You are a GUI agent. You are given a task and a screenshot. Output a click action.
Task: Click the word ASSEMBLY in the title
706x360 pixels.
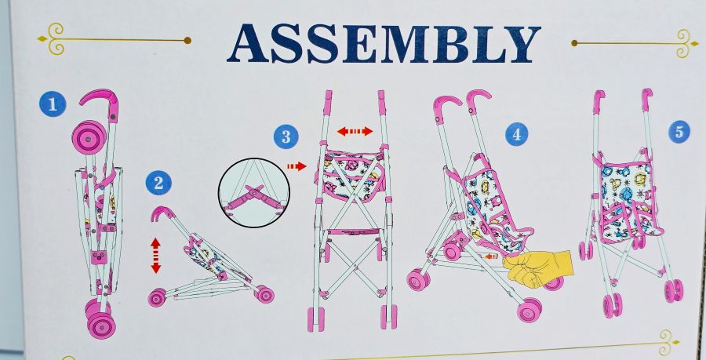(x=384, y=44)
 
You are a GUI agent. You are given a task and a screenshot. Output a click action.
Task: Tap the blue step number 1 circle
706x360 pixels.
(x=53, y=104)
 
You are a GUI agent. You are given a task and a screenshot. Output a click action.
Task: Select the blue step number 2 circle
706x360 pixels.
(x=158, y=183)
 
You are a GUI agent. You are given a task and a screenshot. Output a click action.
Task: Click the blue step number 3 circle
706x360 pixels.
(x=286, y=136)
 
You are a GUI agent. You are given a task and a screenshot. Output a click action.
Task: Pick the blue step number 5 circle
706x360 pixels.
(x=679, y=132)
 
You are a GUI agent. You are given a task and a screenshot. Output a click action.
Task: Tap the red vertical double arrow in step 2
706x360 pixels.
(x=156, y=256)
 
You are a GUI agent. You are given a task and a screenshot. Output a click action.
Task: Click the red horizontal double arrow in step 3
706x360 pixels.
(x=355, y=132)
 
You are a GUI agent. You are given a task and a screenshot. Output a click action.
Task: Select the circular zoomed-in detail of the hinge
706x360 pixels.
(x=253, y=193)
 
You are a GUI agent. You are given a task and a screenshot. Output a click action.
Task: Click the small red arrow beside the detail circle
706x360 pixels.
(x=297, y=166)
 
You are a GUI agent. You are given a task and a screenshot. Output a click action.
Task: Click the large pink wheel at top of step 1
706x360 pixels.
(x=89, y=137)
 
